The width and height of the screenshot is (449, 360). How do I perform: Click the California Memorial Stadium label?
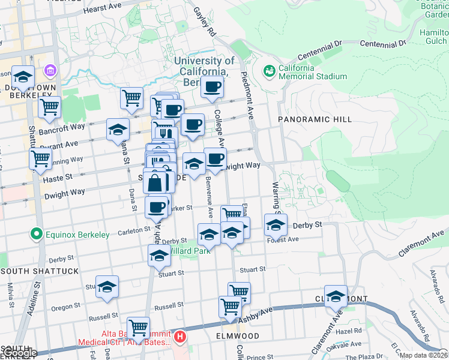pyautogui.click(x=312, y=72)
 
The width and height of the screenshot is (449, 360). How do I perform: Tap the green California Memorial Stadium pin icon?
pyautogui.click(x=270, y=71)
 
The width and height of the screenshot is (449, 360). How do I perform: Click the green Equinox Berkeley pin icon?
pyautogui.click(x=37, y=235)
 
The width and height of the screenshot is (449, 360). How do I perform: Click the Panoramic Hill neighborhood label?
pyautogui.click(x=315, y=120)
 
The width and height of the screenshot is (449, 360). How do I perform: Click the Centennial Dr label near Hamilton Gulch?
pyautogui.click(x=383, y=43)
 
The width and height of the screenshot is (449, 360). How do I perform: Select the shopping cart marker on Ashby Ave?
pyautogui.click(x=230, y=307)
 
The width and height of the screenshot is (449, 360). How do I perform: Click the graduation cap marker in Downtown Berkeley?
pyautogui.click(x=23, y=77)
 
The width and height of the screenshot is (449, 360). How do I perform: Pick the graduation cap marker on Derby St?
pyautogui.click(x=276, y=225)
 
